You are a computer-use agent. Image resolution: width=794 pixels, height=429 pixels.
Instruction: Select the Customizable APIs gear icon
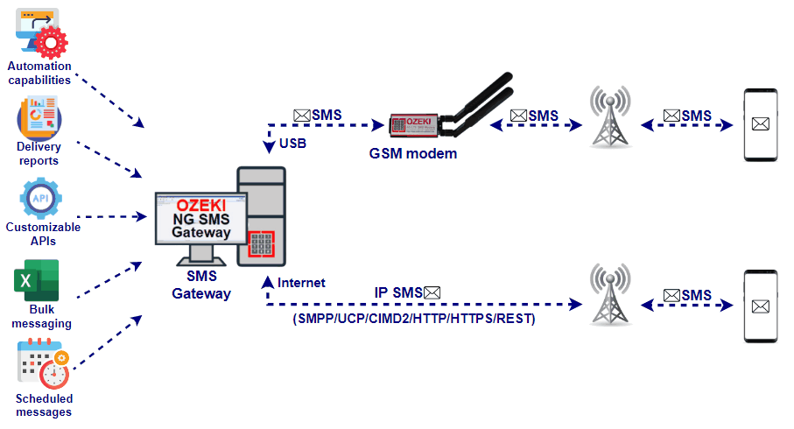[40, 198]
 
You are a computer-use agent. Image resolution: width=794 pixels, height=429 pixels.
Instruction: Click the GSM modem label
[413, 154]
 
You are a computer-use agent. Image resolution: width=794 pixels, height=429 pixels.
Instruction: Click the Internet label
[301, 283]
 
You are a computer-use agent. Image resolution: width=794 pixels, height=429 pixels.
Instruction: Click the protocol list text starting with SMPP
[413, 320]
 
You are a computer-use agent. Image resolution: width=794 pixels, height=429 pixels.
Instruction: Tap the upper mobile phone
[760, 125]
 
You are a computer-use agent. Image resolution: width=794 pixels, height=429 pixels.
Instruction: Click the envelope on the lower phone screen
[760, 306]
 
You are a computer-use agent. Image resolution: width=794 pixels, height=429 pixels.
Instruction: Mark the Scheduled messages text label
[44, 405]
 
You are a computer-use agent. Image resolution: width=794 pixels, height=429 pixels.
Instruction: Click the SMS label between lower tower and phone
[688, 296]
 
